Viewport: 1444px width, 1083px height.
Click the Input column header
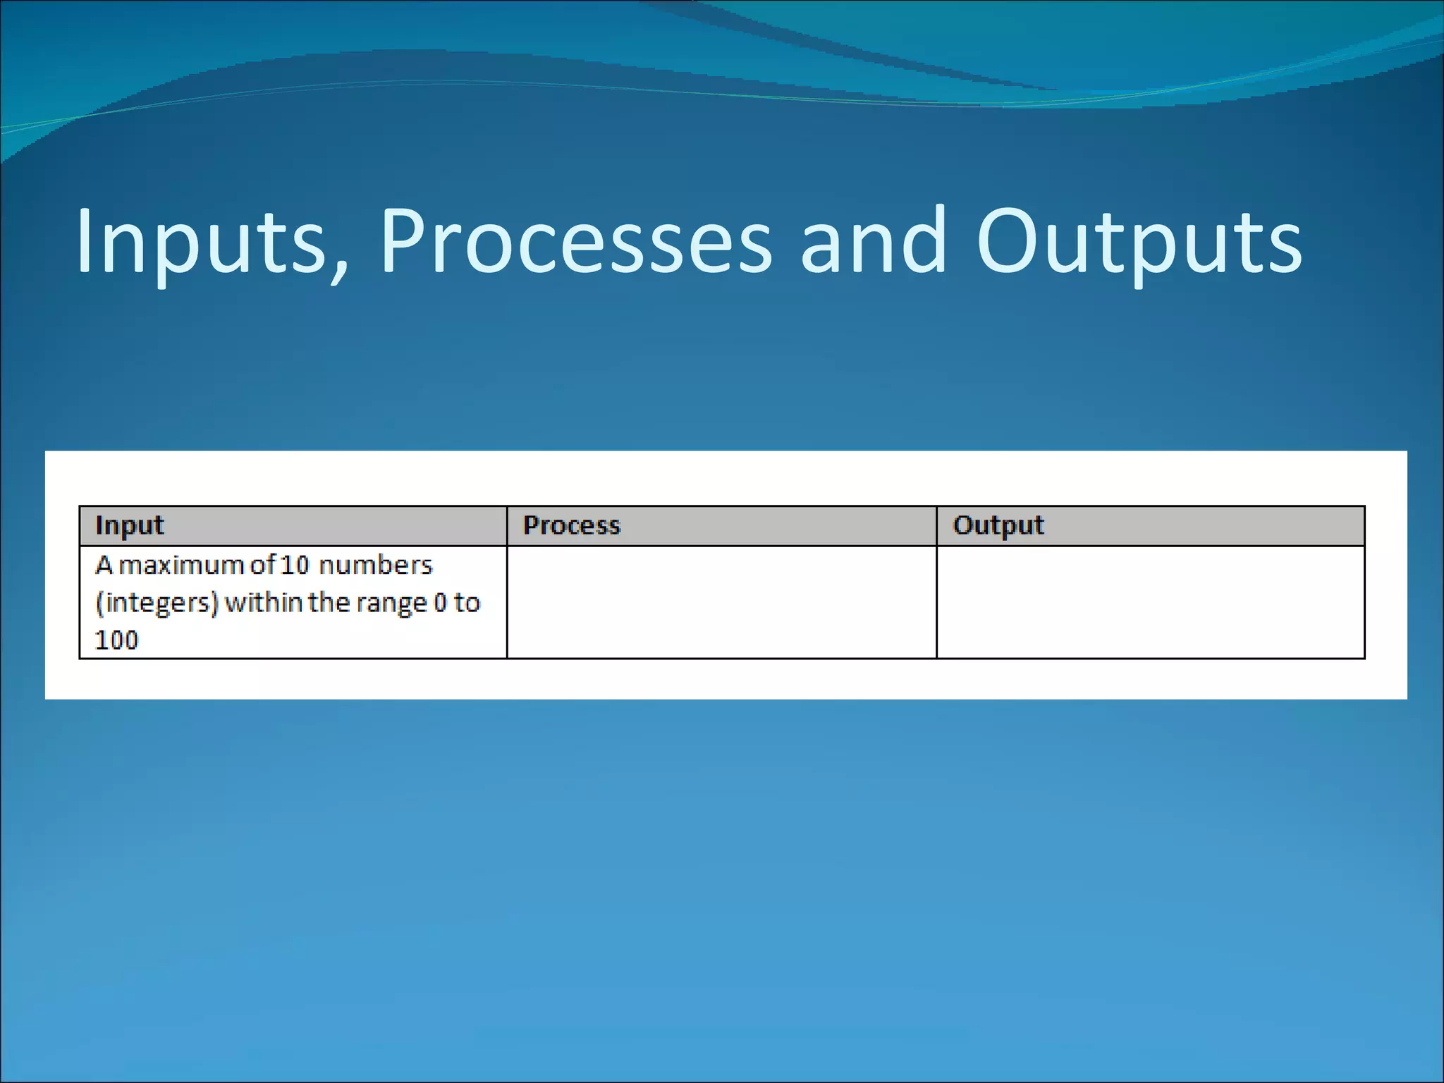point(130,526)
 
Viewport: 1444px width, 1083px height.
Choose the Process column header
point(571,526)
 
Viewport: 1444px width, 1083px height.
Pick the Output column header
point(998,526)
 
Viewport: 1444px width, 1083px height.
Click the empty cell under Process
point(721,602)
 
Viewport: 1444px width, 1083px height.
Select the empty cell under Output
point(1150,602)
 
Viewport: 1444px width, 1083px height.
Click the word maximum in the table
point(180,565)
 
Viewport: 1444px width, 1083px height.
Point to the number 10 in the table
point(295,565)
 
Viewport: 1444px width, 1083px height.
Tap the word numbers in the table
point(375,565)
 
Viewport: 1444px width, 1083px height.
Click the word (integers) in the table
point(157,604)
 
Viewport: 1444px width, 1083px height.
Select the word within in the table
point(264,603)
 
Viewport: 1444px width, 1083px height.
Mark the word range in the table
point(391,604)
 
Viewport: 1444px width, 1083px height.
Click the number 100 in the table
point(116,640)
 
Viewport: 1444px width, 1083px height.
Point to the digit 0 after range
point(440,603)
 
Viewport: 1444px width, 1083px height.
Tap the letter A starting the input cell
point(104,565)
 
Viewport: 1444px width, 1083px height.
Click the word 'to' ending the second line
point(467,603)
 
